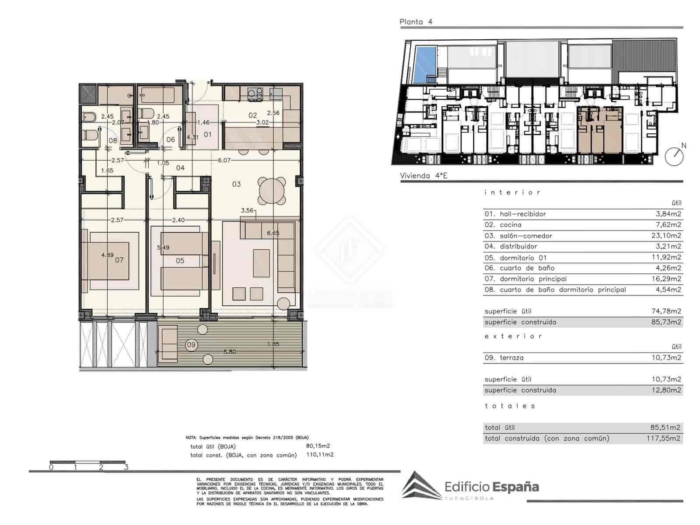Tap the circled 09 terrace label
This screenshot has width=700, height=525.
pos(191,345)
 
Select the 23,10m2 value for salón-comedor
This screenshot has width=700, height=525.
pos(666,235)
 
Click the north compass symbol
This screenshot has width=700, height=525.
pos(674,156)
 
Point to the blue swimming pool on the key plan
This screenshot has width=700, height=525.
pos(424,65)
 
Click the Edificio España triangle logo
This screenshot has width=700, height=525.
pos(421,485)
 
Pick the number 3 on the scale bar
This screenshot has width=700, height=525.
pos(126,467)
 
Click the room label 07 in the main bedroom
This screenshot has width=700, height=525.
pos(119,260)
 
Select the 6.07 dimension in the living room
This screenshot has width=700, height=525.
pos(224,161)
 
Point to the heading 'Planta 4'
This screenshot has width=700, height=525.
pos(416,22)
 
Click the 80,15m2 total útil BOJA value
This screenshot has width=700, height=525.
pos(318,446)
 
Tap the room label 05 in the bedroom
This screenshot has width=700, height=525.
pos(180,261)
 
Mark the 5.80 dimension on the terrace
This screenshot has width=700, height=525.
pos(230,351)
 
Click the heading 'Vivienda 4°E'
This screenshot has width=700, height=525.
pos(424,176)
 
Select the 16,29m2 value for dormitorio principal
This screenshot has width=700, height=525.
pos(666,279)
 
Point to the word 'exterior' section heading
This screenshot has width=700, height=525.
pos(513,336)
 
